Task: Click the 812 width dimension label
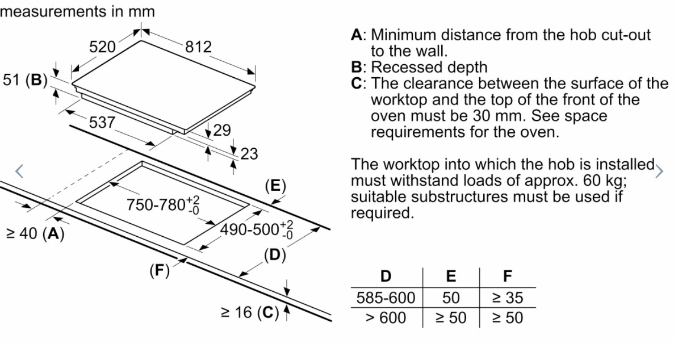tap(198, 47)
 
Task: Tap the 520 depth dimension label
tap(103, 47)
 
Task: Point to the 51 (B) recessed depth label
tap(26, 79)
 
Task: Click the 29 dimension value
tap(222, 131)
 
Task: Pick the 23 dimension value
tap(249, 154)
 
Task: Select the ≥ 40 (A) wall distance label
tap(35, 233)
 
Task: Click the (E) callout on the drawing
tap(275, 186)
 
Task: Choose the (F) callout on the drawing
tap(160, 271)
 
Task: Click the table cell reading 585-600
tap(386, 298)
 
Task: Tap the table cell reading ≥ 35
tap(507, 298)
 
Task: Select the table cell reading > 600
tap(386, 317)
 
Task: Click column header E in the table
tap(451, 277)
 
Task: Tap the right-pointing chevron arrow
tap(659, 171)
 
